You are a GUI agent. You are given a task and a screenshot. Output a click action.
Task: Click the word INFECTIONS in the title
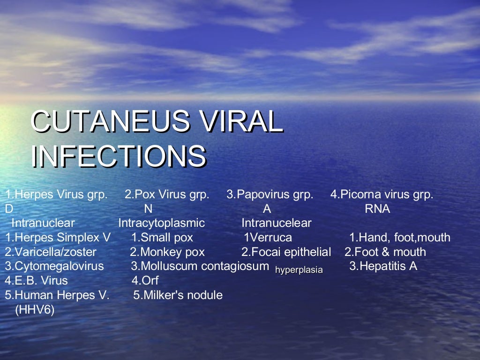[x=119, y=156]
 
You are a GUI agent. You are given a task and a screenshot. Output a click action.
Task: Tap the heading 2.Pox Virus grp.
[x=167, y=195]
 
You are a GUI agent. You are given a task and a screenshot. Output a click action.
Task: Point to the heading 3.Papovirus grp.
[x=270, y=195]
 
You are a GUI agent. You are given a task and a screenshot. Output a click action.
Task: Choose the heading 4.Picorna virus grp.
[x=382, y=195]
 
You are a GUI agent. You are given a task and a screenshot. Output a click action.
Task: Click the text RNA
[x=377, y=209]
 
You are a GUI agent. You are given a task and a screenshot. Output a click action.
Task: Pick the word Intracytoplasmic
[x=162, y=223]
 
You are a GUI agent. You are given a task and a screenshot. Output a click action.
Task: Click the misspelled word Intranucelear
[x=277, y=223]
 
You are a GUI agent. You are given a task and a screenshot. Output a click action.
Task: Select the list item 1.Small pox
[x=162, y=238]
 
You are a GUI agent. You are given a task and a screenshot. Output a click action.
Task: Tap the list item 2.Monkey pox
[x=167, y=252]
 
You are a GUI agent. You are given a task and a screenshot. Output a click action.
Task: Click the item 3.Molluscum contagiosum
[x=200, y=266]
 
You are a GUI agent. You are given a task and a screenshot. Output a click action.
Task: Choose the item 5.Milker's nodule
[x=178, y=295]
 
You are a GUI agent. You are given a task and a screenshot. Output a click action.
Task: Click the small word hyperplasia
[x=299, y=270]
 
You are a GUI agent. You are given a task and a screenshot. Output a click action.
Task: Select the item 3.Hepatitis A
[x=383, y=266]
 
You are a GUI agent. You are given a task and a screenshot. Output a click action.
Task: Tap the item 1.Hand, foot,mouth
[x=400, y=238]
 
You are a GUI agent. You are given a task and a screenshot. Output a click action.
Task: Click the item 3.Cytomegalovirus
[x=54, y=266]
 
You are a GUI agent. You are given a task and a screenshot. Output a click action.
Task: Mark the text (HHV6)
[x=35, y=310]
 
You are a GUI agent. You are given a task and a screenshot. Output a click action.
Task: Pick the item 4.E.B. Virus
[x=37, y=281]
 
